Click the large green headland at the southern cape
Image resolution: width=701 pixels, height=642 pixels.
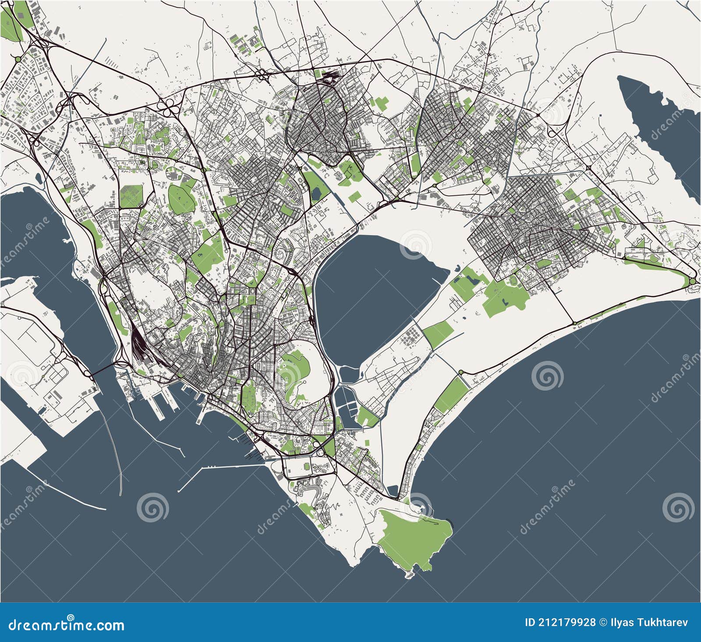(x=414, y=539)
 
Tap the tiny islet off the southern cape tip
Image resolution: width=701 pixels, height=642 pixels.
(x=409, y=574)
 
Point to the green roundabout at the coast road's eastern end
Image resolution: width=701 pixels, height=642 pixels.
(x=692, y=281)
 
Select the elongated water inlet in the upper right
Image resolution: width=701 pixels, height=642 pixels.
(x=657, y=131)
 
